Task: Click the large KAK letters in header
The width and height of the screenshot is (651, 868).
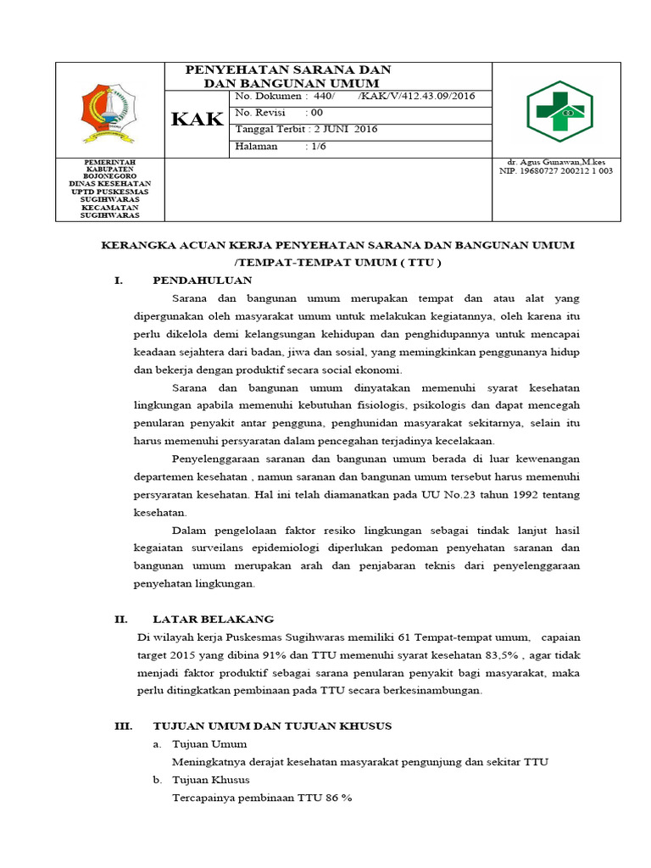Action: (198, 120)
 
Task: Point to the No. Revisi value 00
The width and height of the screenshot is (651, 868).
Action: (316, 113)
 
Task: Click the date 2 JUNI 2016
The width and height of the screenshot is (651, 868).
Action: (345, 130)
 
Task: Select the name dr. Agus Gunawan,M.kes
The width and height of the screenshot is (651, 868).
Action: (555, 162)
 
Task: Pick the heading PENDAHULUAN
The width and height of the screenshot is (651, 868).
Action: (203, 280)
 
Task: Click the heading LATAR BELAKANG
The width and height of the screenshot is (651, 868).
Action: (213, 620)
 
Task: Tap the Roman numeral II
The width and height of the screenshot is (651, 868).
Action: (120, 620)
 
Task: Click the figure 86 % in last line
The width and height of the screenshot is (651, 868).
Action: (337, 798)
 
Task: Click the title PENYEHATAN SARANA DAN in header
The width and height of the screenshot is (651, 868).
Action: (288, 70)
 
